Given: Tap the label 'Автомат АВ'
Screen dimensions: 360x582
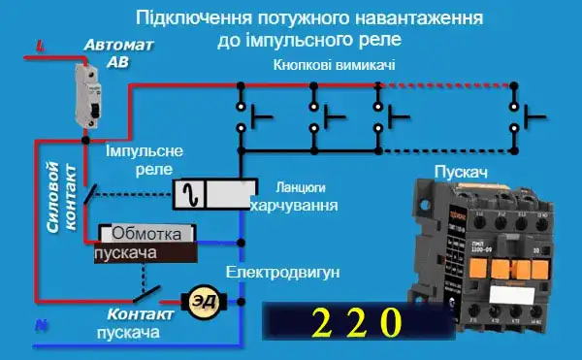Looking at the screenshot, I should pos(118,52).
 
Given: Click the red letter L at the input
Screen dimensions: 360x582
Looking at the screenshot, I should pos(40,45).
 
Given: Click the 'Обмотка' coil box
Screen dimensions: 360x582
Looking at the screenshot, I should pos(147,234).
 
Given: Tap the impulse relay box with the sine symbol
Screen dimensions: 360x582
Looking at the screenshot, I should pos(214,193).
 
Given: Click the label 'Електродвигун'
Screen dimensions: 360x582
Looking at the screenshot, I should pos(282,273).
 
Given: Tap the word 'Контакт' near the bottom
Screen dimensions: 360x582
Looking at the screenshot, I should pos(140,315).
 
